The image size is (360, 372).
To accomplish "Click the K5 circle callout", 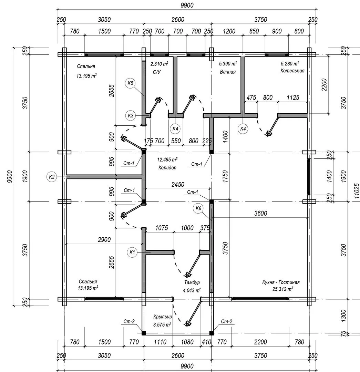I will pos(130,83).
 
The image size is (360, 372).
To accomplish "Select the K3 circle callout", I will pos(130,116).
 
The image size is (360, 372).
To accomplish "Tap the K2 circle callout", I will pos(52,177).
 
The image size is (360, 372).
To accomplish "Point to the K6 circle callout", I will pos(198,208).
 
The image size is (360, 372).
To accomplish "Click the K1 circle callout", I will pos(132,252).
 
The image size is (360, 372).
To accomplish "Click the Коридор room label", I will pos(167,168).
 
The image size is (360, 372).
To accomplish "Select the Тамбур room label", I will pos(192,282).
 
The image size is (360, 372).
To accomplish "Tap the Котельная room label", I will pos(292,71).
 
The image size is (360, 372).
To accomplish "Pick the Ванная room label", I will pos(228,72).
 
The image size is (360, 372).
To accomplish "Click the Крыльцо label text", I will pos(163,317).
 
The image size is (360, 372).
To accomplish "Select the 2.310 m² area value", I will pos(159,64).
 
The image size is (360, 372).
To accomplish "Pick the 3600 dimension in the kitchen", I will pos(260,214).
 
